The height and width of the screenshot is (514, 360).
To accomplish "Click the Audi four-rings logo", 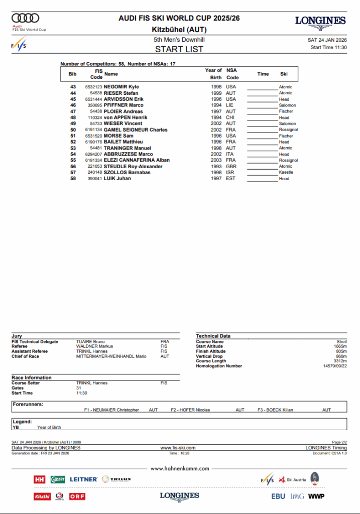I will click(25, 19).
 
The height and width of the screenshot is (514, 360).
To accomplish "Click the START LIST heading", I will click(179, 49).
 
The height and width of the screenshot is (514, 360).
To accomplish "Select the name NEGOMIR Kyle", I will click(121, 87).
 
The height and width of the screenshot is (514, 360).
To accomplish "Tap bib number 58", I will click(73, 178).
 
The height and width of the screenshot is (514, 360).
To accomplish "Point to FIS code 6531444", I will click(93, 99).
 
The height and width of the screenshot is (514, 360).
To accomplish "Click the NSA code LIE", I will click(230, 105).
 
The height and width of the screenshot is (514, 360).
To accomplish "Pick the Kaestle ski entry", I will click(286, 172).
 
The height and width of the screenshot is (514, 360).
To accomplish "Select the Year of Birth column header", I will click(213, 74).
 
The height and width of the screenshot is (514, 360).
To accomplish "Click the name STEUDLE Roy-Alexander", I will click(133, 166).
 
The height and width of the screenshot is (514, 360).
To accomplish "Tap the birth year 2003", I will click(216, 160).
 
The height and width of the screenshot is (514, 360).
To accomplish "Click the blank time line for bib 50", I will click(262, 130).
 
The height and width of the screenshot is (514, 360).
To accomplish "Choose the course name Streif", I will click(341, 342).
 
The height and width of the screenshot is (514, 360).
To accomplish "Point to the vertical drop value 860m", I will click(341, 356).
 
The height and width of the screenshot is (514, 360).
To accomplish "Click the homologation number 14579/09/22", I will click(334, 366).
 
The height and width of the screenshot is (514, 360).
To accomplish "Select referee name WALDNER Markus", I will click(94, 346).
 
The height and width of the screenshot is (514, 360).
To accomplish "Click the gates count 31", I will click(79, 388).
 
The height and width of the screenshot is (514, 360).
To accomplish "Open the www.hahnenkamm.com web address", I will click(180, 468).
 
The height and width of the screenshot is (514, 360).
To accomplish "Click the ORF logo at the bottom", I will click(77, 496).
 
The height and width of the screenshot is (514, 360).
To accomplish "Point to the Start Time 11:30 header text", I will click(328, 48).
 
